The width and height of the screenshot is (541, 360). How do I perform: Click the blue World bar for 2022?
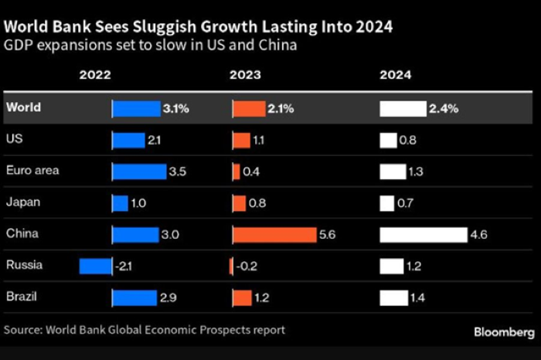pyautogui.click(x=135, y=109)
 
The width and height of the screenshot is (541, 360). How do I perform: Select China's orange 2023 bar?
pyautogui.click(x=274, y=234)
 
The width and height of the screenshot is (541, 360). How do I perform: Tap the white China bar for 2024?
pyautogui.click(x=423, y=234)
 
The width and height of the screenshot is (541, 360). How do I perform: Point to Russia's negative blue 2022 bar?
pyautogui.click(x=95, y=266)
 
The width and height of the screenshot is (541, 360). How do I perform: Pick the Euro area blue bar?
pyautogui.click(x=138, y=172)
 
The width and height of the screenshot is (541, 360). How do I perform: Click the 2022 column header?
pyautogui.click(x=95, y=76)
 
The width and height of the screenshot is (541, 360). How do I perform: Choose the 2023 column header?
pyautogui.click(x=245, y=76)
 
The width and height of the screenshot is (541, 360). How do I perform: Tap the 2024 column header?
pyautogui.click(x=395, y=76)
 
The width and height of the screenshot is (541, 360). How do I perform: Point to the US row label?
pyautogui.click(x=13, y=139)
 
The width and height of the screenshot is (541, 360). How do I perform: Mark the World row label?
pyautogui.click(x=23, y=108)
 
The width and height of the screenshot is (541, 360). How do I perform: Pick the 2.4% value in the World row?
pyautogui.click(x=444, y=109)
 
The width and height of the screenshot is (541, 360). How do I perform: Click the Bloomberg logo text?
pyautogui.click(x=502, y=331)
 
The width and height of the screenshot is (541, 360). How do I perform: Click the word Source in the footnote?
pyautogui.click(x=23, y=330)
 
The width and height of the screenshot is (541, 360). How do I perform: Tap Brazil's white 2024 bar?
pyautogui.click(x=393, y=297)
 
